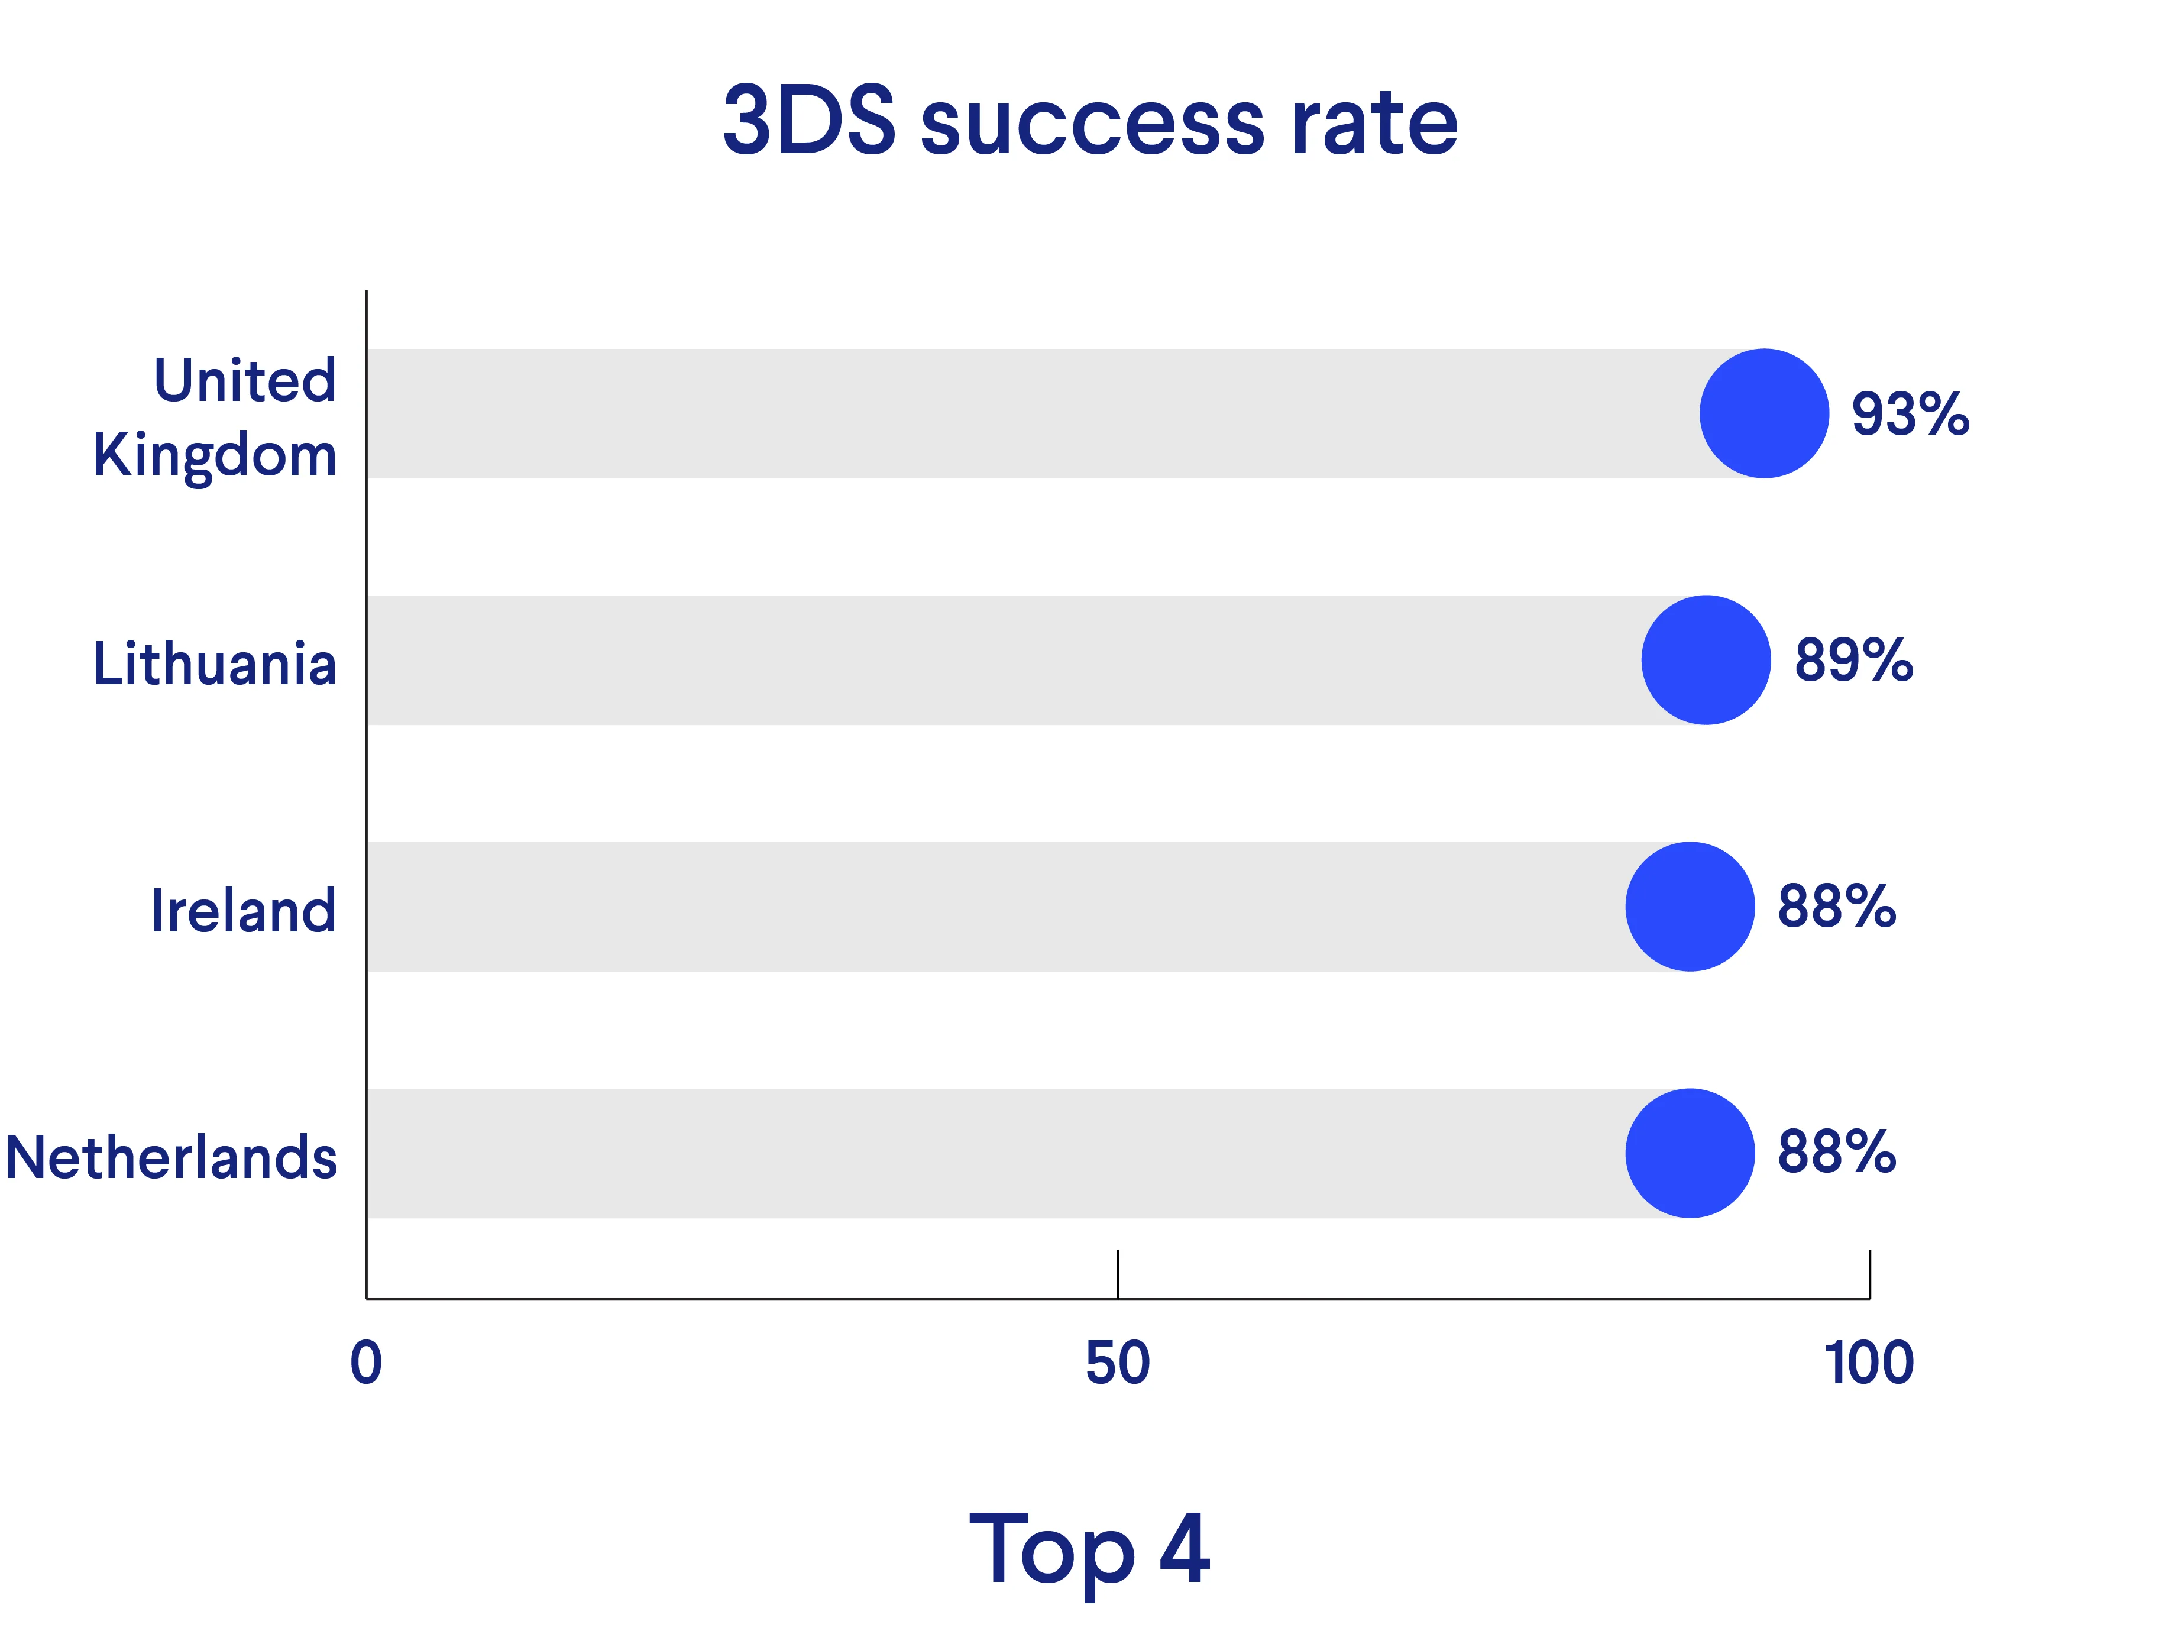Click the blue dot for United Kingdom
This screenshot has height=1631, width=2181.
tap(1764, 413)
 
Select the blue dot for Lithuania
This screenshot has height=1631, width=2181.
tap(1706, 660)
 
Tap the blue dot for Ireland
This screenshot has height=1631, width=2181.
tap(1690, 906)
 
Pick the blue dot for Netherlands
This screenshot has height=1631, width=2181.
tap(1690, 1153)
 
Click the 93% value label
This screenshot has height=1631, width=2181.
tap(1910, 414)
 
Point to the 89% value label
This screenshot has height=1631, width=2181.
tap(1853, 661)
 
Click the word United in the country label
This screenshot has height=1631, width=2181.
tap(244, 381)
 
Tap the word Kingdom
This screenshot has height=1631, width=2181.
tap(215, 455)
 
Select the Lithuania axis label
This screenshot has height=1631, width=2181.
tap(215, 664)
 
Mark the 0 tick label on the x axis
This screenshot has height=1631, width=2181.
tap(366, 1364)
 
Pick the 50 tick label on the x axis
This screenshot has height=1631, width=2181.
tap(1117, 1364)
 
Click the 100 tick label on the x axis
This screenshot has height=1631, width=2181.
tap(1868, 1364)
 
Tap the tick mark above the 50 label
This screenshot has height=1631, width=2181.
tap(1117, 1274)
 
